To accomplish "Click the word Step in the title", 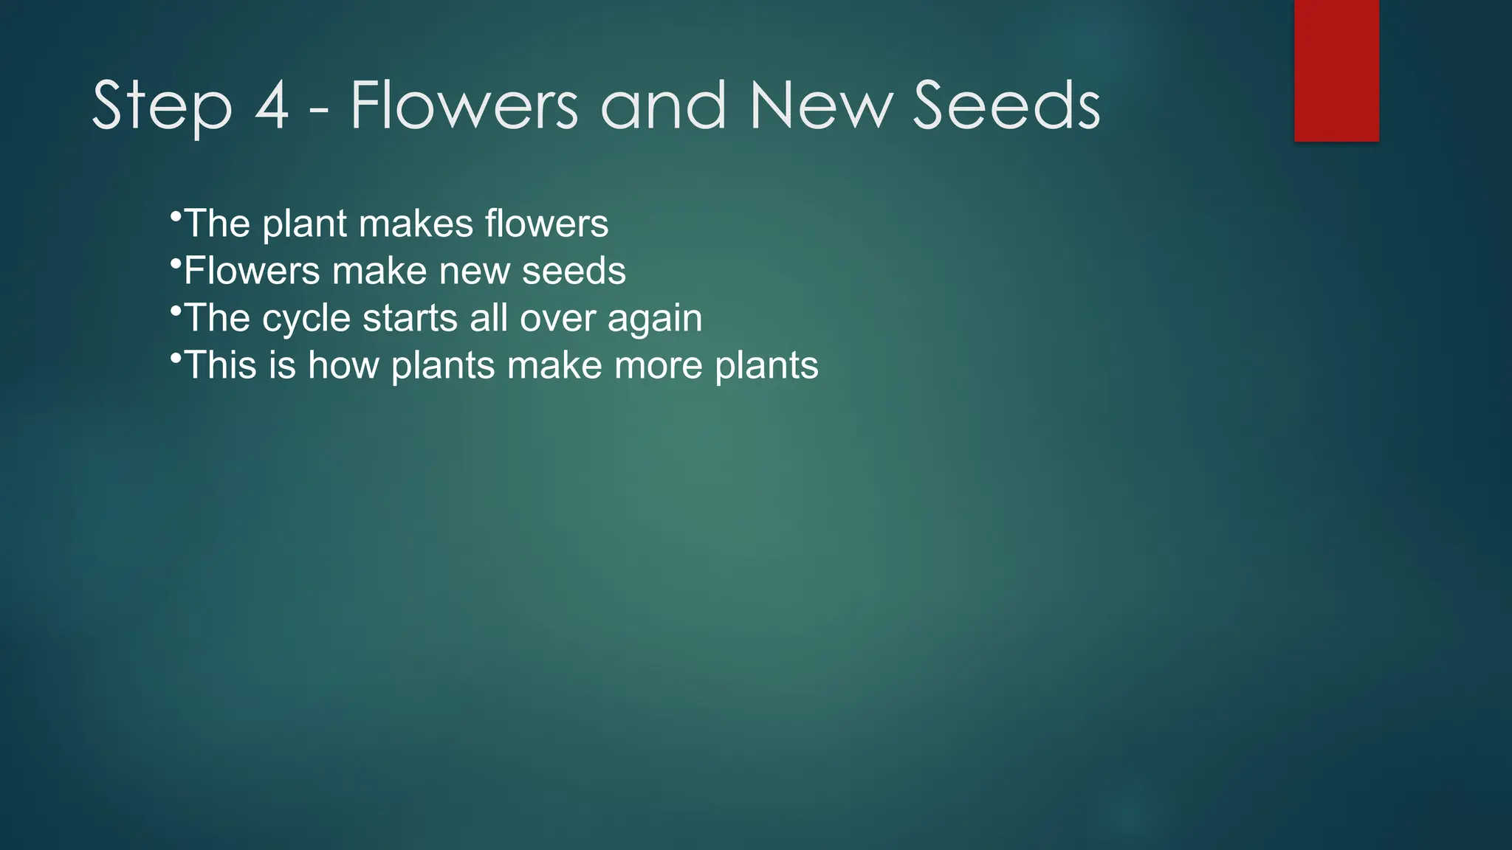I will (162, 108).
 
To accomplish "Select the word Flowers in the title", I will (464, 106).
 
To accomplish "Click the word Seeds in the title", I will (1006, 106).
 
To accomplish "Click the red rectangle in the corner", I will (1336, 70).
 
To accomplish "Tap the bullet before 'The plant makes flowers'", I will (175, 217).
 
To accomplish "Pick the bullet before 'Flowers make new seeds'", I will (175, 264).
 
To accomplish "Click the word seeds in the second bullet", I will (574, 271).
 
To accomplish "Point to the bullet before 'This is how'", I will (175, 359).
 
